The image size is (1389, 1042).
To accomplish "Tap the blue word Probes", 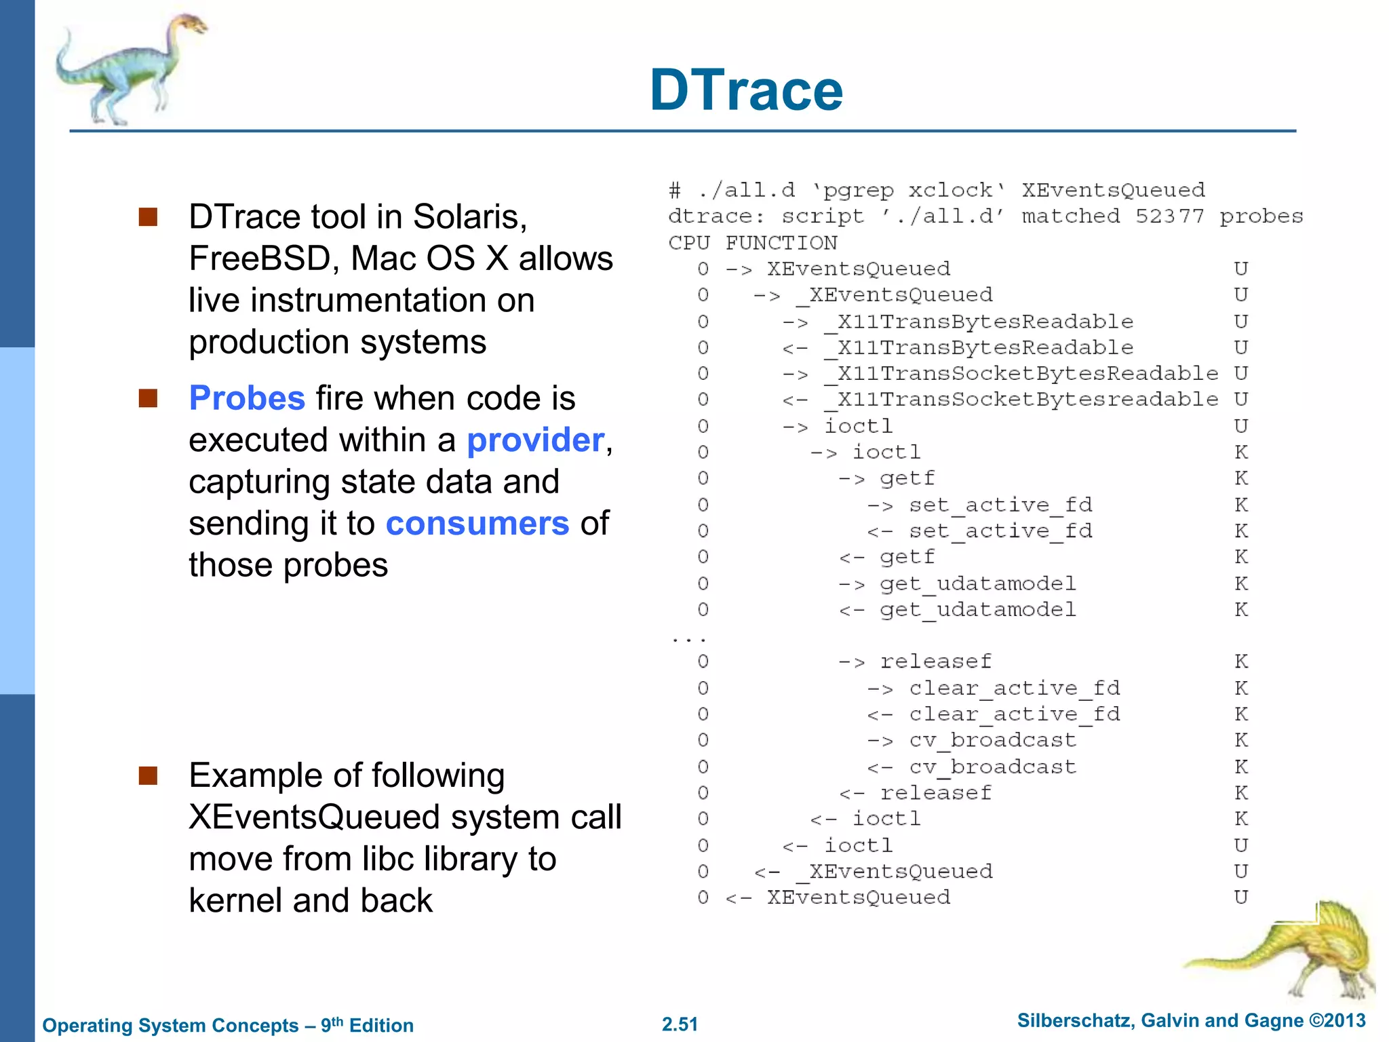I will (x=247, y=398).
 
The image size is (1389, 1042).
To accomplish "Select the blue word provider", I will (x=535, y=440).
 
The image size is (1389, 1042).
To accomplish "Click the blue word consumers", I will (x=477, y=524).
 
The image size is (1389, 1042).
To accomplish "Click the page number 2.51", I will (x=680, y=1024).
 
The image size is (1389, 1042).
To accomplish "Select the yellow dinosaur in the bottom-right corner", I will (x=1295, y=950).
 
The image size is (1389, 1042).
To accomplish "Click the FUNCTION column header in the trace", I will (x=781, y=243).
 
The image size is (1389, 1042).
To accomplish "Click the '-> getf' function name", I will (x=907, y=479).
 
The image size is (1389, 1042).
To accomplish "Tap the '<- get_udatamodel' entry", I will (x=977, y=610).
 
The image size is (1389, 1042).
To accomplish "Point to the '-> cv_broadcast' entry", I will (x=992, y=740).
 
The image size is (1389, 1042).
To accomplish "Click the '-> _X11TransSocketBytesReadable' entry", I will (x=1027, y=374).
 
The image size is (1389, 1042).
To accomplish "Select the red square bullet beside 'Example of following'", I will (x=148, y=775).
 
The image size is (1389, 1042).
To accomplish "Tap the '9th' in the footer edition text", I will (x=332, y=1024).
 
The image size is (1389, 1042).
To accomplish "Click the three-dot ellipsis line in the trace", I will (x=688, y=639).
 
